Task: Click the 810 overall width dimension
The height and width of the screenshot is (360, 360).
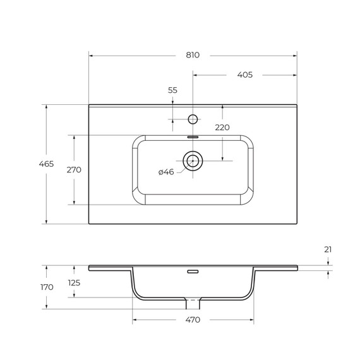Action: pos(193,55)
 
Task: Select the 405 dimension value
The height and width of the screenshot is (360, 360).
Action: pos(244,75)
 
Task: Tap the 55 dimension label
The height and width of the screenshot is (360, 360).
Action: pos(172,90)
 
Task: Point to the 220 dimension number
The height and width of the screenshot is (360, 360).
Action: pos(222,127)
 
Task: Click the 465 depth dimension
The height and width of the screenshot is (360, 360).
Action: pos(46,164)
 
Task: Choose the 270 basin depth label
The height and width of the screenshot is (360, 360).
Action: pos(74,170)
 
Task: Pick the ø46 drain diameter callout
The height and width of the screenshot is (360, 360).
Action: pos(166,172)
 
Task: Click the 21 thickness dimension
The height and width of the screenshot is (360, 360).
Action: pos(328,249)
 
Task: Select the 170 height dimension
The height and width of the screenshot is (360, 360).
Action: pos(46,287)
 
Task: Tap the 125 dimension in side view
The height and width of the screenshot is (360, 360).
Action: pos(74,283)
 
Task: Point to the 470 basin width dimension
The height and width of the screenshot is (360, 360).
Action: pos(193,320)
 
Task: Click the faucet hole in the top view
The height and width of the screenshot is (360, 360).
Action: pos(193,119)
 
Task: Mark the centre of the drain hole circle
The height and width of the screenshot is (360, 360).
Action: pos(193,161)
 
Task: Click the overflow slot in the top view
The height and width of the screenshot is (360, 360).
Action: pos(193,135)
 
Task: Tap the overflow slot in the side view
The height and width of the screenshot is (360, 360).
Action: pos(193,272)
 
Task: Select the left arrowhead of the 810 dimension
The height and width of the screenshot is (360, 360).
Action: pos(91,55)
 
